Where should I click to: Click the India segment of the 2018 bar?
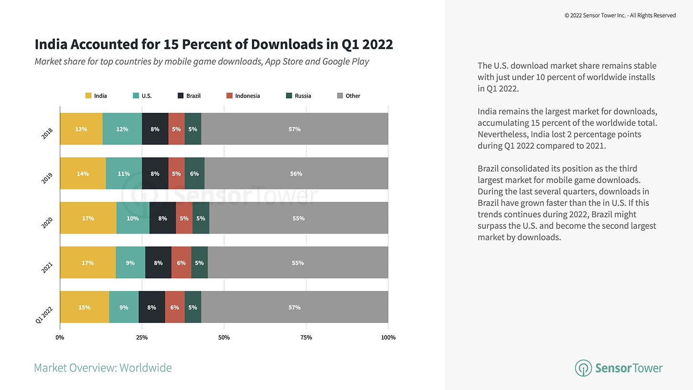[x=81, y=129]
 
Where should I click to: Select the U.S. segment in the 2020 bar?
[x=133, y=218]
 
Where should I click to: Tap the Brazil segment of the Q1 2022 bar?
[x=152, y=307]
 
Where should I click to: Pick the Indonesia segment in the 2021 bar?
[x=181, y=263]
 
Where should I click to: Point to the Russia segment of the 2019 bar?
[x=194, y=173]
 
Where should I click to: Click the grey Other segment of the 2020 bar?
[x=299, y=218]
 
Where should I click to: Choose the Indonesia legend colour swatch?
[x=230, y=96]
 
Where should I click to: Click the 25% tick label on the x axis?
[x=142, y=337]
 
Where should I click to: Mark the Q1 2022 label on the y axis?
[x=44, y=315]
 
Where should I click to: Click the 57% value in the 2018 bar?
[x=294, y=129]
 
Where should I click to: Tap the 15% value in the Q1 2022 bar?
[x=84, y=307]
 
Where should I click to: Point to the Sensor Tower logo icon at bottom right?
[x=583, y=368]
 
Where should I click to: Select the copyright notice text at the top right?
[x=620, y=15]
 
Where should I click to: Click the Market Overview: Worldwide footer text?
[x=103, y=368]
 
